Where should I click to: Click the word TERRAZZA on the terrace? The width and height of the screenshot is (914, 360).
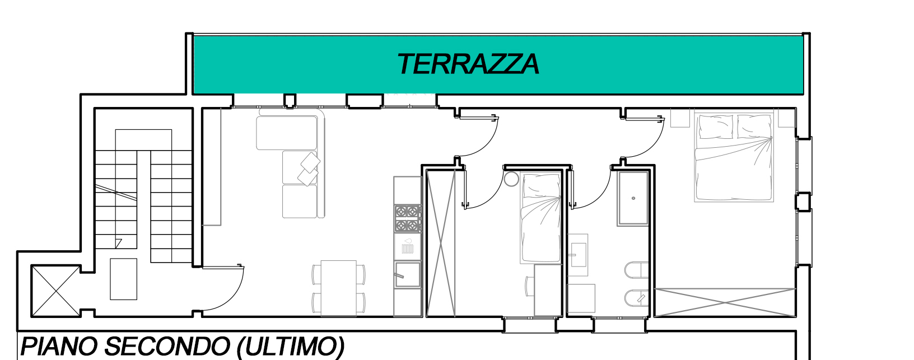(468, 64)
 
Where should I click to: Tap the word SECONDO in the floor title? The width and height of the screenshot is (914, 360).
(167, 347)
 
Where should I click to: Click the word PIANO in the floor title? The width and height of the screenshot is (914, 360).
(59, 347)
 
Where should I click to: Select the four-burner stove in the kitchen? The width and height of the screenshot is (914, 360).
(408, 218)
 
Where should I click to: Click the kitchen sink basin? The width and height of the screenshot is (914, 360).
(407, 274)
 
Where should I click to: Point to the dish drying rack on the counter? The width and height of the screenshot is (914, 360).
(408, 247)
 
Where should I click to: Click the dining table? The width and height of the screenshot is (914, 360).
(338, 288)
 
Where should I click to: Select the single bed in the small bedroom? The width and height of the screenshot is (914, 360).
(540, 218)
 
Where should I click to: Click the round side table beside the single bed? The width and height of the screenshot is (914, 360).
(511, 179)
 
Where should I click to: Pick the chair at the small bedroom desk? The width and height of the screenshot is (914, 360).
(530, 286)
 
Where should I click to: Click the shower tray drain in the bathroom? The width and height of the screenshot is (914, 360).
(633, 198)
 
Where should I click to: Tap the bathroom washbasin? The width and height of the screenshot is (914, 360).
(578, 255)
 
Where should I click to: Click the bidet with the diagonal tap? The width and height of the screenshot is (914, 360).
(637, 298)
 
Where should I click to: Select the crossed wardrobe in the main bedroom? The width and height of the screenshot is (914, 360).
(725, 302)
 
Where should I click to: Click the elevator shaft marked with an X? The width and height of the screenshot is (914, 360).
(55, 291)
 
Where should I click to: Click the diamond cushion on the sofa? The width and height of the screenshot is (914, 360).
(310, 162)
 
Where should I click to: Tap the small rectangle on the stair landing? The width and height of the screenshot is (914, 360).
(123, 279)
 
